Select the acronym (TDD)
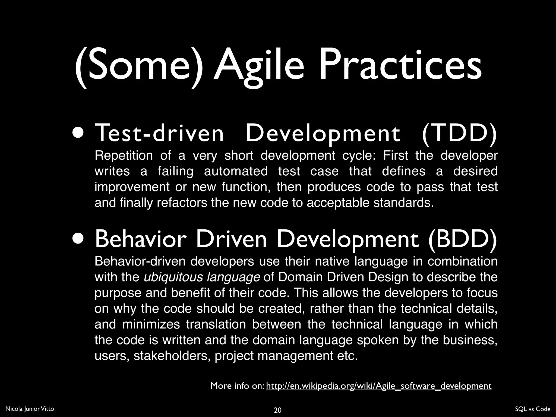tap(459, 133)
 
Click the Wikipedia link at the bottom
tap(378, 386)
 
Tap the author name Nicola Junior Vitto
tap(30, 409)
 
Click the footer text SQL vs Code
tap(532, 409)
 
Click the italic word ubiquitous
tap(173, 277)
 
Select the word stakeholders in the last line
tap(172, 356)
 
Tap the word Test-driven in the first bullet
tap(159, 133)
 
